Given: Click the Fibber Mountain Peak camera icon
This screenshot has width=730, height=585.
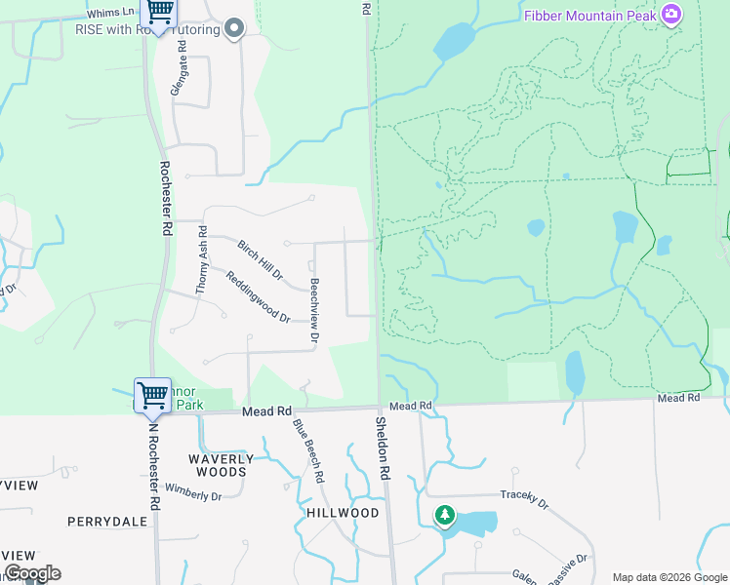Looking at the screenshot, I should pos(671,15).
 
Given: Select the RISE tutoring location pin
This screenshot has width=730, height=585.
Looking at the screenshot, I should pos(233,29).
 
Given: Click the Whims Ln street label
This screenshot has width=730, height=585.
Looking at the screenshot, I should pos(109,13).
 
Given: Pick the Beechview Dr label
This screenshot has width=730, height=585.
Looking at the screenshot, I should pos(314,311).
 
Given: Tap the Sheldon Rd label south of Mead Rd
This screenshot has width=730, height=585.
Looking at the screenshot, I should pos(383,448).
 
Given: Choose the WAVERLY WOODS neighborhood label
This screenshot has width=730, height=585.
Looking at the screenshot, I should pos(221,465).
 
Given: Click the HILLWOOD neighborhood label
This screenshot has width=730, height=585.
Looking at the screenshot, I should pos(343,513).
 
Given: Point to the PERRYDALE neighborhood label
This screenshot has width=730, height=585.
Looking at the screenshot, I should pos(107,522).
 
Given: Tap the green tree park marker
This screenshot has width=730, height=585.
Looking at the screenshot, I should pos(445,514).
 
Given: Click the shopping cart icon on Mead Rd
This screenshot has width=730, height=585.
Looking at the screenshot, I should pos(152,395).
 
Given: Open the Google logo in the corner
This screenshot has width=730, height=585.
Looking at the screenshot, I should pos(32,573).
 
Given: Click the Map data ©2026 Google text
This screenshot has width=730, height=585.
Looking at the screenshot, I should pos(669,577).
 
